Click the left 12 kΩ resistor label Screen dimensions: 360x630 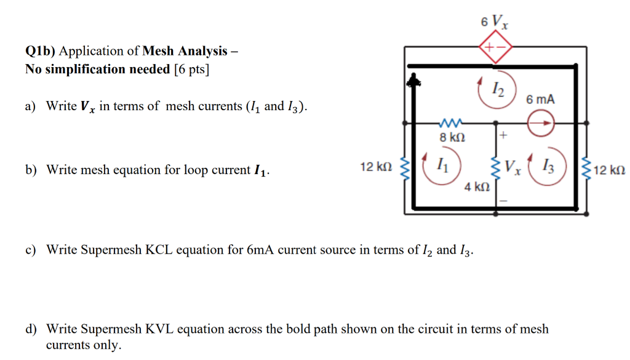375,167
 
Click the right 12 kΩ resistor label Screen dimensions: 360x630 611,169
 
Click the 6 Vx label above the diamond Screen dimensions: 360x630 495,22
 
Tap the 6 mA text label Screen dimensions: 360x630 540,99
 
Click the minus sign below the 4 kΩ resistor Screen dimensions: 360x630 503,201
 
